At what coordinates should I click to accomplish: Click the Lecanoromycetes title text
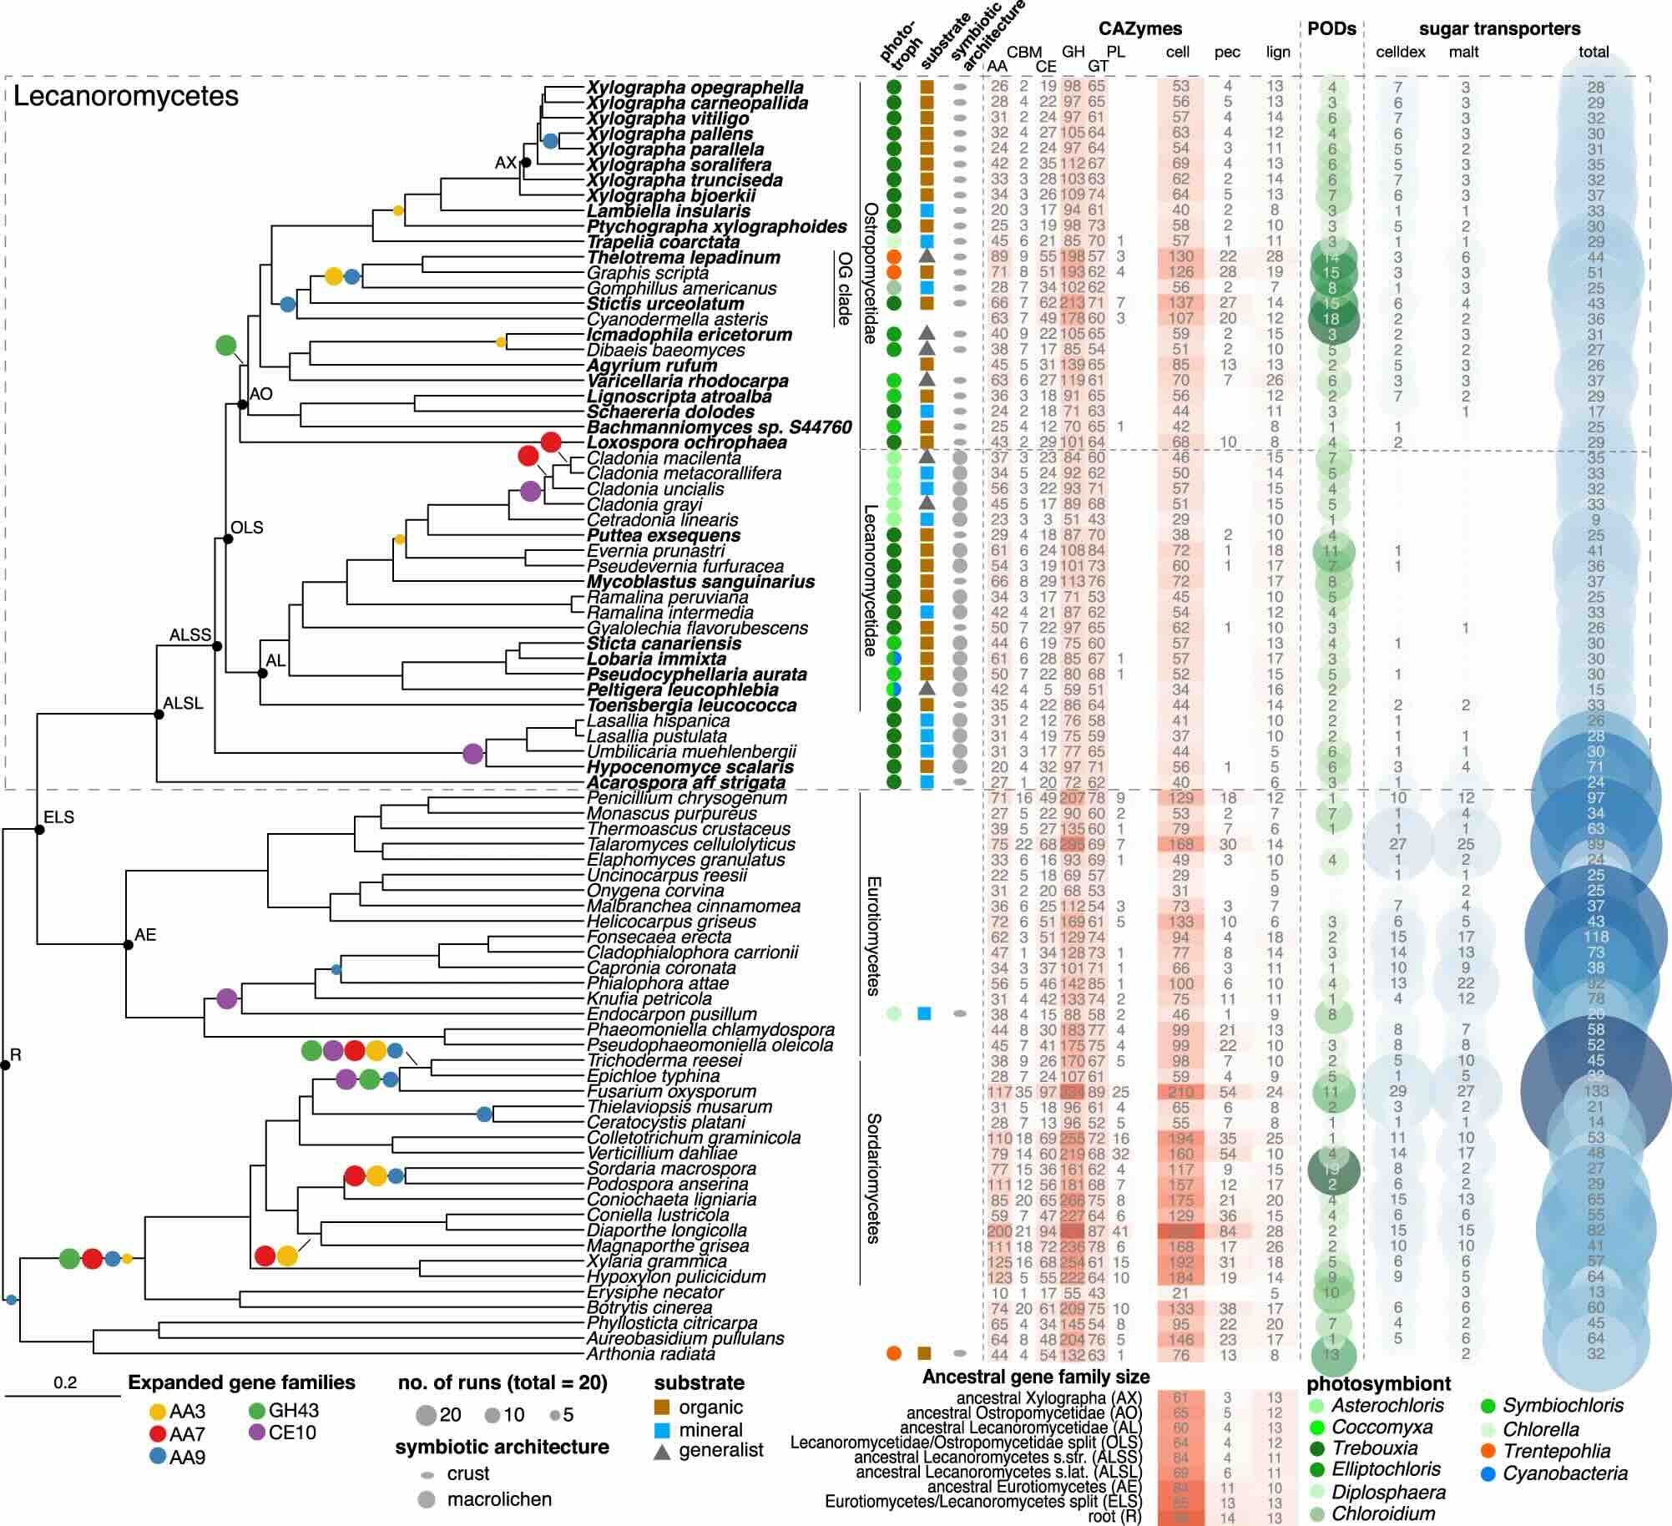coord(126,97)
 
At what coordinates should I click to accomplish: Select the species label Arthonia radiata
coord(650,1353)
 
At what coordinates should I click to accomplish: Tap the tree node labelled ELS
coord(39,829)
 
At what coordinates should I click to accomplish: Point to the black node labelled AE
coord(128,945)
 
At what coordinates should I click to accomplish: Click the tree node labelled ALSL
coord(158,714)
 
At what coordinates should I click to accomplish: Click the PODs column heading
coord(1331,29)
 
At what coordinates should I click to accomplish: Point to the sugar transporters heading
coord(1499,29)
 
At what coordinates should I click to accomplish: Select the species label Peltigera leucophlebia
coord(682,690)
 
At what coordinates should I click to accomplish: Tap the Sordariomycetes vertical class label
coord(873,1178)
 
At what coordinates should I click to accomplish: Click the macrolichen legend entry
coord(498,1499)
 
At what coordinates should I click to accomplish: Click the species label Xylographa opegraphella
coord(695,88)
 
